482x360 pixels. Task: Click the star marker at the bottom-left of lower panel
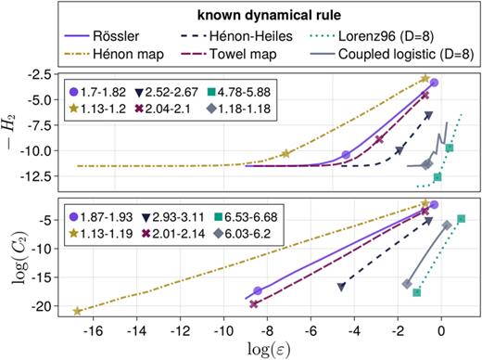78,311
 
